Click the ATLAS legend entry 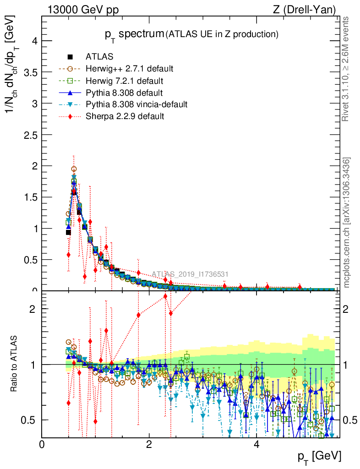click(x=99, y=57)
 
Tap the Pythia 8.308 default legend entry click(x=123, y=93)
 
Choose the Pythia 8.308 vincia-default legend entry click(x=136, y=104)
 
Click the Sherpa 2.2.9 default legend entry click(x=125, y=116)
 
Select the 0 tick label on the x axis click(x=42, y=445)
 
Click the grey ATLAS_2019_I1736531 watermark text click(x=190, y=274)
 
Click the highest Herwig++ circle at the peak click(x=74, y=169)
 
